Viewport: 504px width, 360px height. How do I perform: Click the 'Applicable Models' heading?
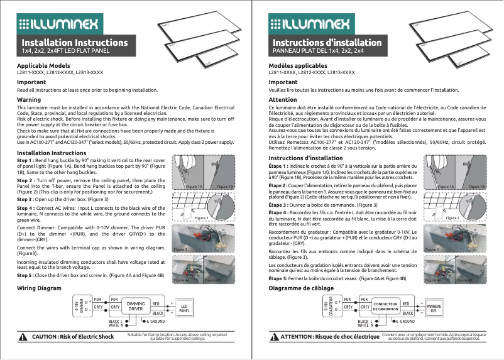pos(43,66)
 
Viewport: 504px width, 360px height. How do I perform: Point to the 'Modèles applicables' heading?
pos(298,66)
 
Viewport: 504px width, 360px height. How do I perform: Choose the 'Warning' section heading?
pos(29,100)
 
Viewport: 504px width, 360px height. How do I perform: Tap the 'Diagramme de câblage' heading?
pos(301,288)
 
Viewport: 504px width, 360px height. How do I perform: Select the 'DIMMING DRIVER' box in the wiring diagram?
pos(136,306)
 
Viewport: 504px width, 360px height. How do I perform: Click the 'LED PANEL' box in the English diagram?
pos(184,308)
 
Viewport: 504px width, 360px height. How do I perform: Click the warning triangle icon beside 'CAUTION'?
pos(23,337)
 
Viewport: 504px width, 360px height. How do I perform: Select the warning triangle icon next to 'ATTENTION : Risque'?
pos(274,337)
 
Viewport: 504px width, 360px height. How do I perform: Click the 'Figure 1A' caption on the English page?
pos(194,187)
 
